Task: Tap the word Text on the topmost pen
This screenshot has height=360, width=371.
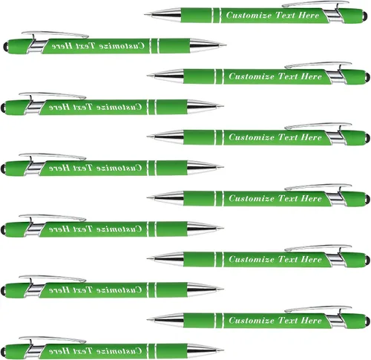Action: (x=285, y=15)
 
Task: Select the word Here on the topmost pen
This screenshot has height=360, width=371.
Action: (x=309, y=15)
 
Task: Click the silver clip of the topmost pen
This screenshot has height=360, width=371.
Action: (x=316, y=4)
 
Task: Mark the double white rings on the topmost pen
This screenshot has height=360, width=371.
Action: (x=217, y=16)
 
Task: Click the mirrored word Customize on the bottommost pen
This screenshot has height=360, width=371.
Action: (x=119, y=350)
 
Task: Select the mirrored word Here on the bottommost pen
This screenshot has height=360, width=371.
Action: (x=59, y=350)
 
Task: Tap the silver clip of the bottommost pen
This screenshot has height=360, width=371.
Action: (x=53, y=339)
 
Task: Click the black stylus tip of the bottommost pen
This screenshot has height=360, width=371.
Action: (x=3, y=352)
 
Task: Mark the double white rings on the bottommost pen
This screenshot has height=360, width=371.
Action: (x=152, y=350)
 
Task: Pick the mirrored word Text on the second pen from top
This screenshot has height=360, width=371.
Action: (x=83, y=46)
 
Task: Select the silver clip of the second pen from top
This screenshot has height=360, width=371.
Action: (x=55, y=35)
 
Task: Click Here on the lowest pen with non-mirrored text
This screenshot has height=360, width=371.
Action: (x=312, y=321)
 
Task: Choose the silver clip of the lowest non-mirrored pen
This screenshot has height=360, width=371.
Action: (x=318, y=310)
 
